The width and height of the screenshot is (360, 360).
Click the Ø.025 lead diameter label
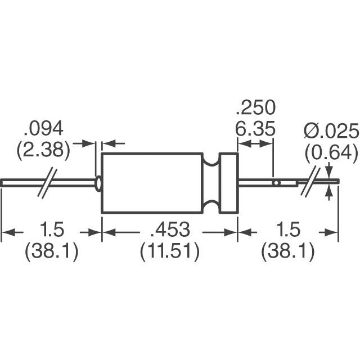(331, 132)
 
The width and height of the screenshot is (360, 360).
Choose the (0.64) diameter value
(331, 151)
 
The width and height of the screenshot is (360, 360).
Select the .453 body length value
(169, 231)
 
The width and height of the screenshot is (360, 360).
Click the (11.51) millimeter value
(169, 252)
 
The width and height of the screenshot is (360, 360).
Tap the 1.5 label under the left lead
(53, 231)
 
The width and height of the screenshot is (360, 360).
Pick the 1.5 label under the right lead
(287, 231)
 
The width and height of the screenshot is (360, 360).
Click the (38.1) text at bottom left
(52, 252)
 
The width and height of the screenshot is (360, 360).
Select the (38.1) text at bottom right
(287, 252)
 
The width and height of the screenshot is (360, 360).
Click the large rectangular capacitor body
(152, 183)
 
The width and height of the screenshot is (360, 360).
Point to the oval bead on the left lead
(99, 183)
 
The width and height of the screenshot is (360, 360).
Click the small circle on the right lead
(276, 183)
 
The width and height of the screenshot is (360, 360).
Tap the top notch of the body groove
(211, 163)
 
